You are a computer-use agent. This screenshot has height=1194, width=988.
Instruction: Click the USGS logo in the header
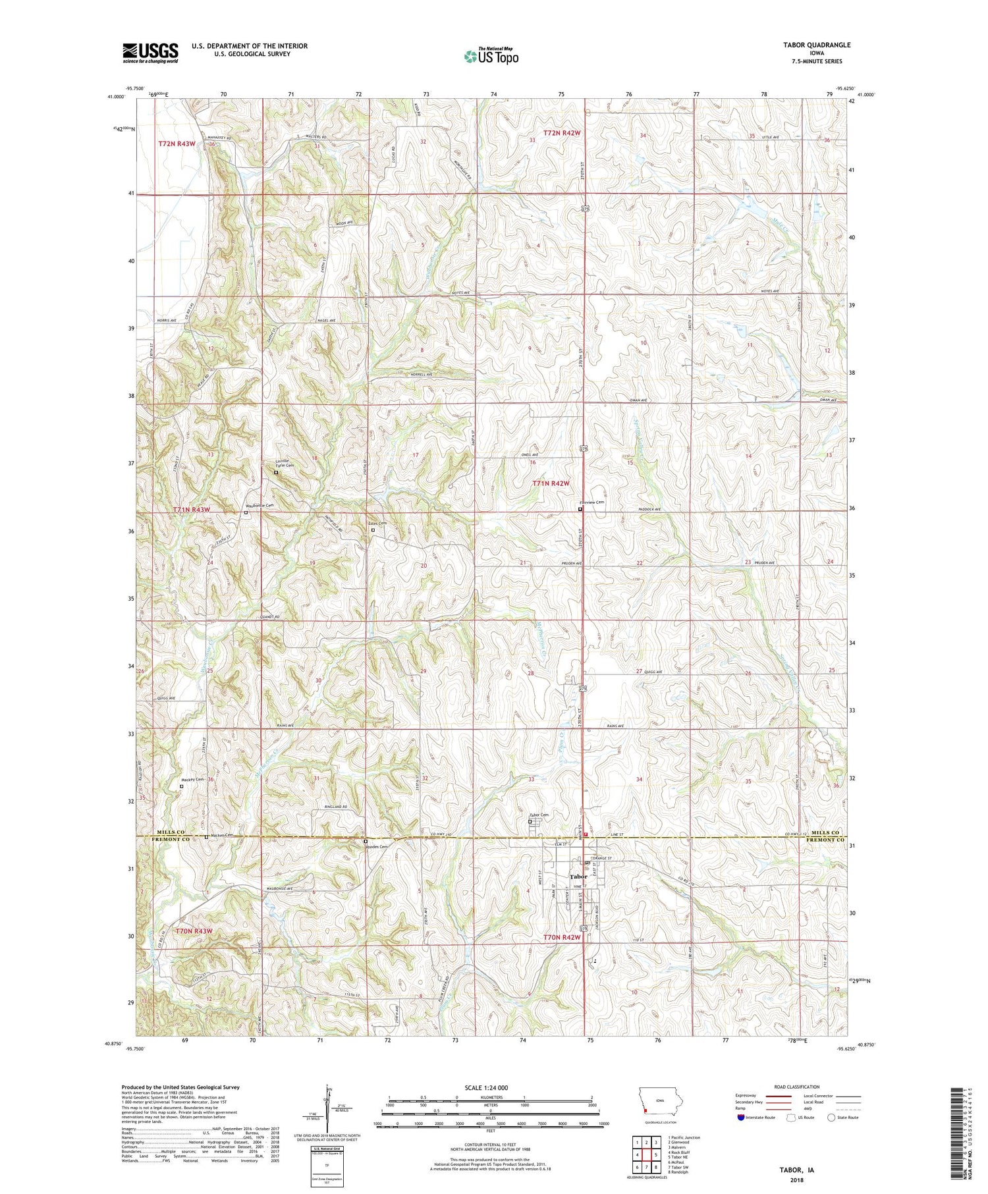point(150,53)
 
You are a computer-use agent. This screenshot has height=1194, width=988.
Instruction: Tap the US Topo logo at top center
point(491,56)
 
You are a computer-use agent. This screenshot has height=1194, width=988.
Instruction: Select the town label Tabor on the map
point(578,877)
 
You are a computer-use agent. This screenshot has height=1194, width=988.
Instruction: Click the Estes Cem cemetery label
point(377,524)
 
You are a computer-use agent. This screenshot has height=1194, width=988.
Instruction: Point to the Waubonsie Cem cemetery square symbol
point(246,512)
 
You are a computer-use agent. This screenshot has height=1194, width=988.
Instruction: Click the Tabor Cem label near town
point(539,815)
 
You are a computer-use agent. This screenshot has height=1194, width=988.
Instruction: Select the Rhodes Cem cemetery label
point(376,847)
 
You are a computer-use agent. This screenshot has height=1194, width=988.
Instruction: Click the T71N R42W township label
point(551,483)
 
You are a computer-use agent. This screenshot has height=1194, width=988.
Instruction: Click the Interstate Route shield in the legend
point(740,1117)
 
